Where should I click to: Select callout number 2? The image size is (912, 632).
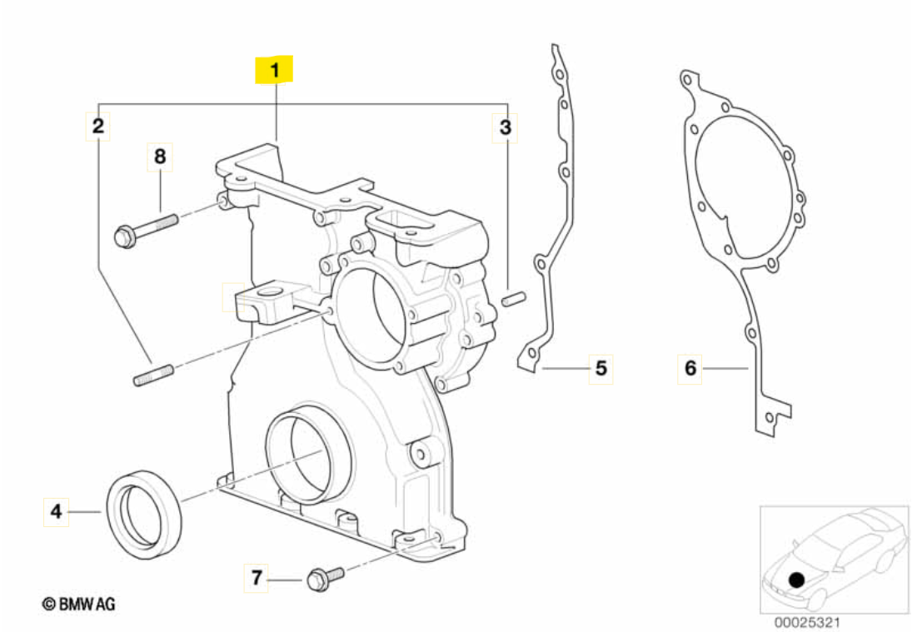(98, 127)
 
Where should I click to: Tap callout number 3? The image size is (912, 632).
(505, 127)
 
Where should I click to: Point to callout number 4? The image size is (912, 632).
(56, 510)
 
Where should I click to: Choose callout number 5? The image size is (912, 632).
(601, 367)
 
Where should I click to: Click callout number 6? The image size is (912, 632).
(690, 367)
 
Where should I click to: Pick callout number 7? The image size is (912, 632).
(257, 576)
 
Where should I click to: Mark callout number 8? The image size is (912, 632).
(160, 155)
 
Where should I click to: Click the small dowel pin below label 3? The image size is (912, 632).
(513, 296)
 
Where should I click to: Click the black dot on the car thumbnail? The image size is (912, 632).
(797, 578)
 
